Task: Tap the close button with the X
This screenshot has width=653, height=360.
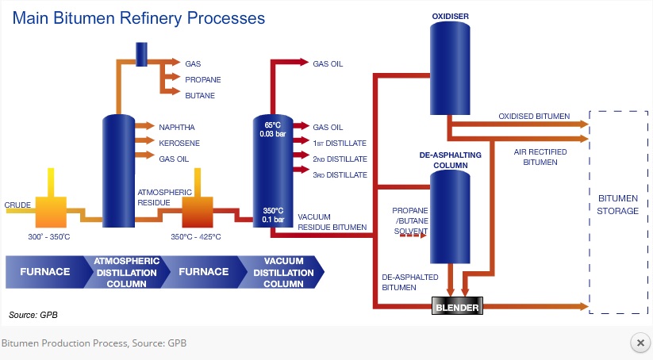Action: [x=640, y=343]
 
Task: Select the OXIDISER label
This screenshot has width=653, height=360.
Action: [x=448, y=15]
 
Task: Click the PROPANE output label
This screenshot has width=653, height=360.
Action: [x=202, y=79]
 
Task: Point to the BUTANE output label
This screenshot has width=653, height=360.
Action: [x=200, y=95]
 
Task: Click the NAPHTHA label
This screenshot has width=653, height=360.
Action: [x=177, y=127]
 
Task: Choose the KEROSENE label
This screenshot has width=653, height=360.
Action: [x=179, y=143]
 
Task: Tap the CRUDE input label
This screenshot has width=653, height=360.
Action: [x=17, y=205]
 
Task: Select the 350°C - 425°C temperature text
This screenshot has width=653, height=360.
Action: [x=196, y=236]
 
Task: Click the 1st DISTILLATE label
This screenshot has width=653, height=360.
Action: [x=339, y=143]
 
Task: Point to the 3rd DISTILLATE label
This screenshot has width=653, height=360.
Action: [x=340, y=174]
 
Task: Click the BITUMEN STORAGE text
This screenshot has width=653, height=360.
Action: [x=618, y=205]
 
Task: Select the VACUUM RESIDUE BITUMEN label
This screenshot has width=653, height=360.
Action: [x=332, y=221]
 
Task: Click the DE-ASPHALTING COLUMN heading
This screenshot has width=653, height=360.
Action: [x=448, y=161]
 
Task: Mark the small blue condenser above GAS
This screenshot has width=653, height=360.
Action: [x=141, y=52]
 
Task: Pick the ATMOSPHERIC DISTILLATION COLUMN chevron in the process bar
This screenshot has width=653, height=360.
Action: [x=127, y=272]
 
